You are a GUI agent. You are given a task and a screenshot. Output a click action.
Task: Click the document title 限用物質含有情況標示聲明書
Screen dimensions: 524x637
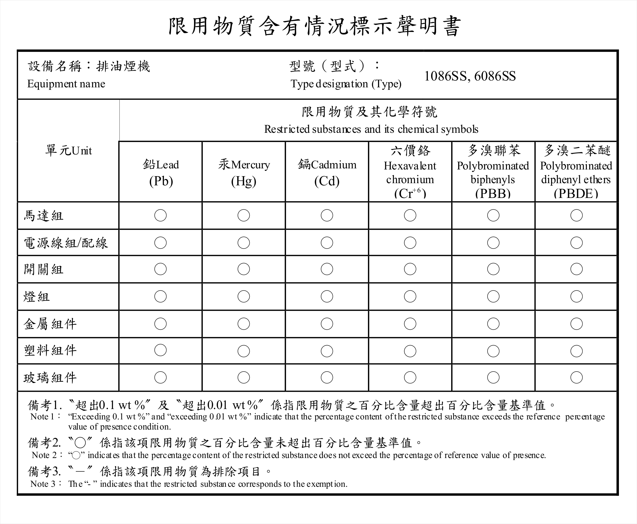[315, 26]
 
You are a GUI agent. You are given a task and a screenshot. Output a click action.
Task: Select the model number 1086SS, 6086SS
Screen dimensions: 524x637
[470, 76]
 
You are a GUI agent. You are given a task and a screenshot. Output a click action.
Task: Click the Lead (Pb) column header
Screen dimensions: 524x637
[161, 173]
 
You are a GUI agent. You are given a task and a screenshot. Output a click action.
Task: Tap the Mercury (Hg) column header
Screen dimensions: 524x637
[244, 173]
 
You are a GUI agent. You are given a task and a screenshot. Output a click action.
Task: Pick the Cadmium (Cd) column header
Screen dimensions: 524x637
[327, 173]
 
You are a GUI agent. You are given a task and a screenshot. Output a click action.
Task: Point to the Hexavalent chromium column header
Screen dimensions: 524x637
[410, 172]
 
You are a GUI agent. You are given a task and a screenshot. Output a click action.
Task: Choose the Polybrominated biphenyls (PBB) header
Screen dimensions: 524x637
[493, 172]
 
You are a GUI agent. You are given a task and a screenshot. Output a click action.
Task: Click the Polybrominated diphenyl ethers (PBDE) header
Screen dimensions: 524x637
[576, 172]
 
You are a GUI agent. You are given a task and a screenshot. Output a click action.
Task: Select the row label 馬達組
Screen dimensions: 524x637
[44, 216]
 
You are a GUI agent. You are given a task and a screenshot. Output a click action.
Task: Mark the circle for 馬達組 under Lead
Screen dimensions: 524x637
[160, 215]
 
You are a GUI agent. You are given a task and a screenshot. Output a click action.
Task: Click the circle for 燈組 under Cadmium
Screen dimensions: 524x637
[327, 296]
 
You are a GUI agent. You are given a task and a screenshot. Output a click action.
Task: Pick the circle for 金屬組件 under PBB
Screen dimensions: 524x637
[493, 324]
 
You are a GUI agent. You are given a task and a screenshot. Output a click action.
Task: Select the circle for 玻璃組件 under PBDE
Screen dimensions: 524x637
[576, 377]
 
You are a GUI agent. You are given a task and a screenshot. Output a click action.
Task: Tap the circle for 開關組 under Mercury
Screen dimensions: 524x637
[244, 269]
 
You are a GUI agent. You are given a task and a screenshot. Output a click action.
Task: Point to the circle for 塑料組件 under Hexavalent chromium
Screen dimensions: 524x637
[410, 351]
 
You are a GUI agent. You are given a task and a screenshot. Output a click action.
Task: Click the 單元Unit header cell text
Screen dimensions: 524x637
[68, 151]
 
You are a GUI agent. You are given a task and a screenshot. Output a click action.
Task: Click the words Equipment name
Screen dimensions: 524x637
[66, 84]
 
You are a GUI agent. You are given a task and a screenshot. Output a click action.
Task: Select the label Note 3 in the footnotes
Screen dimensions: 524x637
[43, 484]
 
